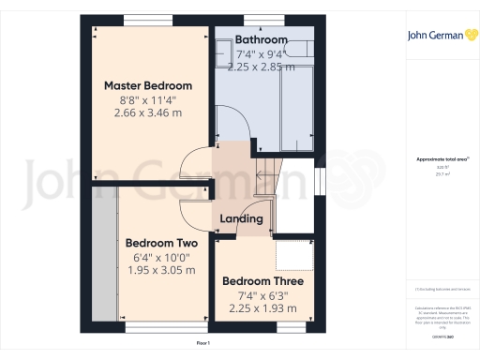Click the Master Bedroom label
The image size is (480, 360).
coord(148,85)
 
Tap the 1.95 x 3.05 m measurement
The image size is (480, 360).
coord(160,270)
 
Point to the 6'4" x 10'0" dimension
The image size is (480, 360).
coord(160,257)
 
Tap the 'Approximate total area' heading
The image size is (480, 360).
coord(437,160)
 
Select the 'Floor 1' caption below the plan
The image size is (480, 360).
coord(203,344)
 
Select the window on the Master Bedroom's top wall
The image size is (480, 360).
coord(140,20)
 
